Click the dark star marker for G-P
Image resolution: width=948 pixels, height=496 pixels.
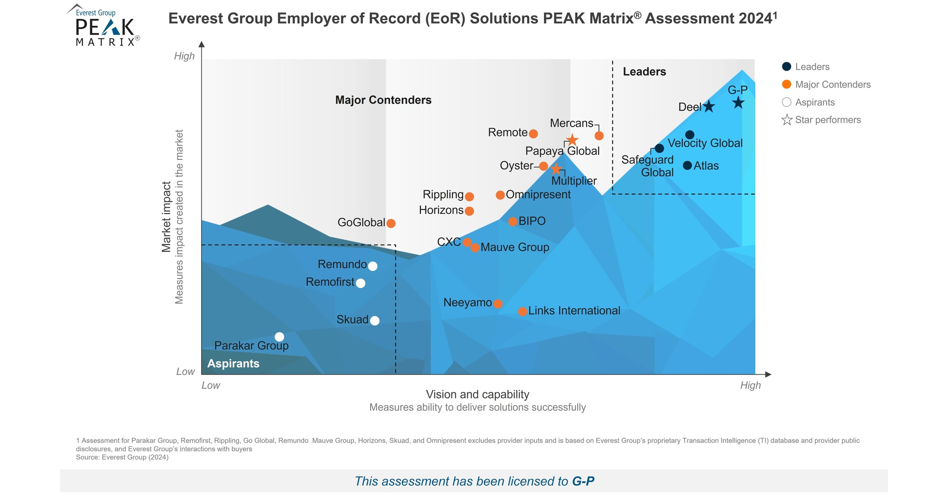coord(738,102)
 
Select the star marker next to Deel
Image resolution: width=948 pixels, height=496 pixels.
coord(709,106)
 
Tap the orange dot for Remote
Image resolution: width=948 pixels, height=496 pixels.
coord(533,133)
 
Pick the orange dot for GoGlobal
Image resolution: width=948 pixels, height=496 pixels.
coord(391,223)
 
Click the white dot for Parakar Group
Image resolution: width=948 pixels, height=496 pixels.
coord(279,336)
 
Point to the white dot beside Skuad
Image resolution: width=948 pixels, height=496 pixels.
coord(375,321)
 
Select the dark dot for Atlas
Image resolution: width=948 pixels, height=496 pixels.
coord(687,165)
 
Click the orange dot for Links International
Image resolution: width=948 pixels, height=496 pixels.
coord(522,311)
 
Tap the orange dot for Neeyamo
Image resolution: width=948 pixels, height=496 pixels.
coord(498,304)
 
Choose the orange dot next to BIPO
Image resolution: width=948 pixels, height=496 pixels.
coord(513,221)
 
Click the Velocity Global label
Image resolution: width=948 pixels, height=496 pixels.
coord(705,143)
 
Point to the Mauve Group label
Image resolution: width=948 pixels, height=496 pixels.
coord(514,247)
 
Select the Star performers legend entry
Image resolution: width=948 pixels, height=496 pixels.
coord(828,120)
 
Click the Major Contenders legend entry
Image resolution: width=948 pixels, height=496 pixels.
coord(832,85)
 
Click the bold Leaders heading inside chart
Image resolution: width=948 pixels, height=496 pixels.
coord(644,72)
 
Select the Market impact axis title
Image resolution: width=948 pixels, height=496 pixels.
coord(166,216)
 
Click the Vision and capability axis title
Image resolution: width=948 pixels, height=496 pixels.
coord(477,394)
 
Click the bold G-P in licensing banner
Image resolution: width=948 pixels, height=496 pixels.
coord(583,481)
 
